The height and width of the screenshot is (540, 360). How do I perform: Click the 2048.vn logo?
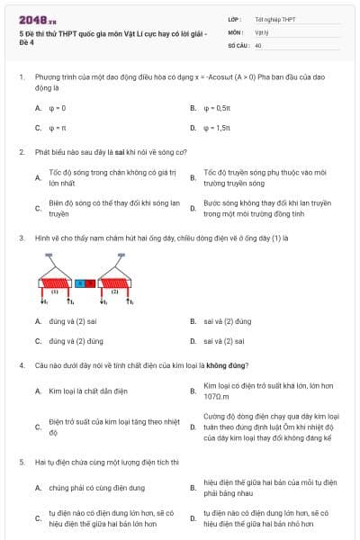pos(37,18)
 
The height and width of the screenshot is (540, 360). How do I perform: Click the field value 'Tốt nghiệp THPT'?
pos(274,18)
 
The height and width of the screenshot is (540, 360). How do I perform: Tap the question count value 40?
pos(258,44)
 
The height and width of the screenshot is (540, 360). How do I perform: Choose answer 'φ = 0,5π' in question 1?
pos(218,108)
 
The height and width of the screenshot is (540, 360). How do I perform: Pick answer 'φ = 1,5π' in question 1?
pos(218,128)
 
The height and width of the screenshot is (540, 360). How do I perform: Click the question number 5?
pos(20,462)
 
